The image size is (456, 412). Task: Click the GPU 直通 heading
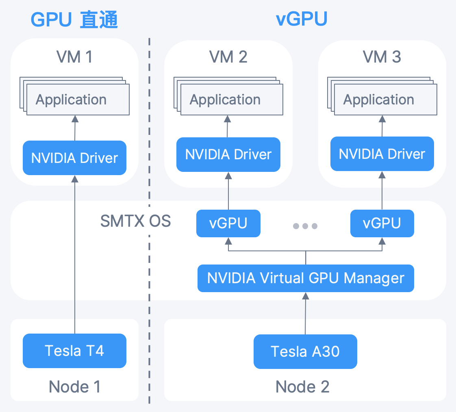pyautogui.click(x=74, y=20)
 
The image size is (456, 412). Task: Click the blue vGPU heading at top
pyautogui.click(x=302, y=19)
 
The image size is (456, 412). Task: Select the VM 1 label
pyautogui.click(x=74, y=57)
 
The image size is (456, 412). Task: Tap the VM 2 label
pyautogui.click(x=228, y=57)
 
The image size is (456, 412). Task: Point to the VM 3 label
pyautogui.click(x=382, y=57)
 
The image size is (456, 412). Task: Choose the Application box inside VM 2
pyautogui.click(x=230, y=100)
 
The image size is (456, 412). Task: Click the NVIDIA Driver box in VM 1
pyautogui.click(x=74, y=158)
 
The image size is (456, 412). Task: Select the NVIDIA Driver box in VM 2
pyautogui.click(x=228, y=154)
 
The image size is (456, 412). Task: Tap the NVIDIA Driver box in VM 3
pyautogui.click(x=382, y=154)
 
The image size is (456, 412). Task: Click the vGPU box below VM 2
pyautogui.click(x=228, y=223)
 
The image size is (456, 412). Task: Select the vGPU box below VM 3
pyautogui.click(x=382, y=223)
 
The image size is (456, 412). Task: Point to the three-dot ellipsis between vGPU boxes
pyautogui.click(x=305, y=226)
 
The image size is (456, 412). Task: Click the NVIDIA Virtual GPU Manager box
pyautogui.click(x=306, y=278)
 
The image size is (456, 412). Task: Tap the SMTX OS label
pyautogui.click(x=135, y=221)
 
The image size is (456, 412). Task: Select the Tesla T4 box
pyautogui.click(x=74, y=351)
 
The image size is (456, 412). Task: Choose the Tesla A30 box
pyautogui.click(x=305, y=351)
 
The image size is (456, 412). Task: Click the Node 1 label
pyautogui.click(x=74, y=386)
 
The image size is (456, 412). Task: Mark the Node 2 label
pyautogui.click(x=302, y=386)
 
